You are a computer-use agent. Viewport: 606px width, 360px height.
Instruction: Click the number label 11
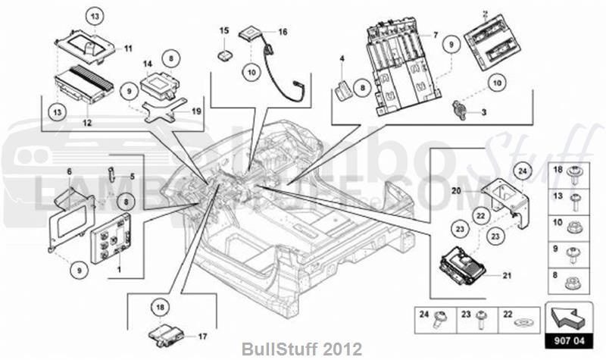click(x=128, y=49)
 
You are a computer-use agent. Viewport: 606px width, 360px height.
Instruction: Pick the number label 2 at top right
click(x=486, y=13)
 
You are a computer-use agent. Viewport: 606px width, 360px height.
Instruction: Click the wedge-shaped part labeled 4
click(x=343, y=89)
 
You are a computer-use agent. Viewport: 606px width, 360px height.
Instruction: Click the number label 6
click(x=69, y=172)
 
